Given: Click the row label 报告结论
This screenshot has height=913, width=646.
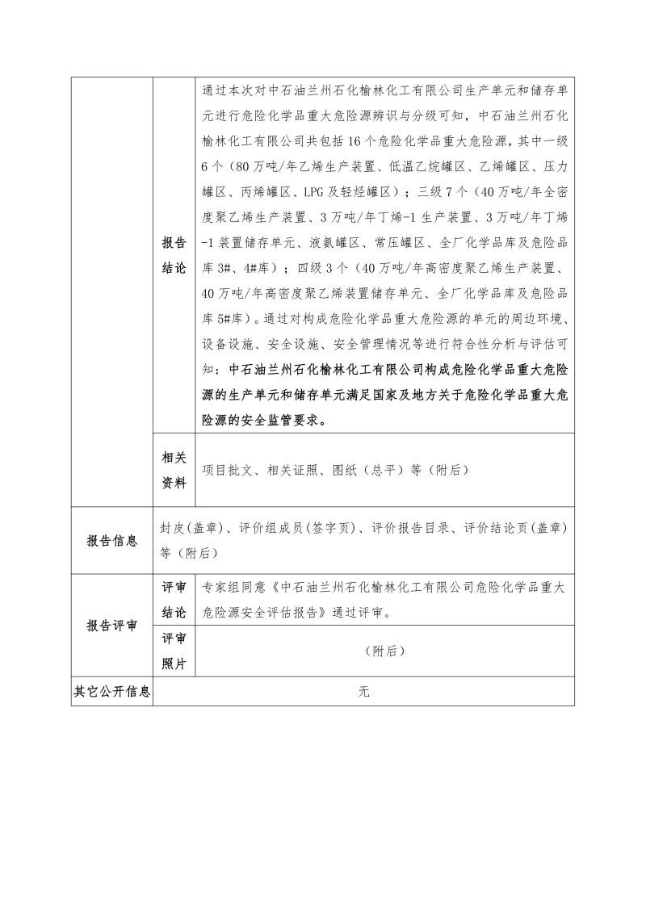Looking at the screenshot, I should click(174, 255).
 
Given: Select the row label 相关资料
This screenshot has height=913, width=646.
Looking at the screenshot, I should click(174, 470).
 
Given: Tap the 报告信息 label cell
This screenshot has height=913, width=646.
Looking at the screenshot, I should click(111, 541).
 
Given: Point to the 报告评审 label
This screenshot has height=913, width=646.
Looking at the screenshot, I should click(111, 626).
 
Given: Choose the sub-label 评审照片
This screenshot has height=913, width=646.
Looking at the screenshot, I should click(174, 651).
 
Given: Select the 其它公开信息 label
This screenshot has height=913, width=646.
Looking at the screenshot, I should click(111, 691).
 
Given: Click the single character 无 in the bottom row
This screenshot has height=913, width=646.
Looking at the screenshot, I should click(363, 691).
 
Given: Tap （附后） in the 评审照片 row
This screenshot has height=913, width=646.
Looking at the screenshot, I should click(384, 651).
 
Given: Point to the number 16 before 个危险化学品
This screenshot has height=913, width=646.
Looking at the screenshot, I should click(359, 141).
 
